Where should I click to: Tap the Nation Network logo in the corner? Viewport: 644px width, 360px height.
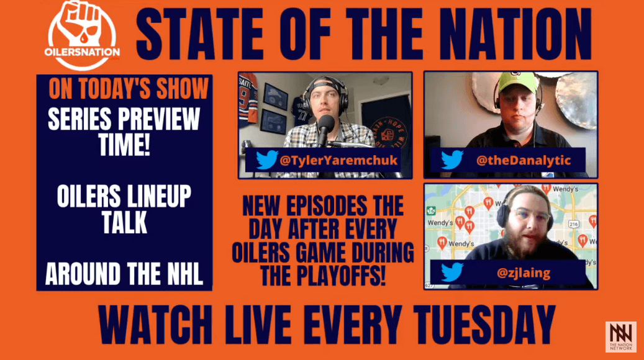coord(620,336)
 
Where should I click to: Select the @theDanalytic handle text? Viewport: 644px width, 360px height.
coord(522,160)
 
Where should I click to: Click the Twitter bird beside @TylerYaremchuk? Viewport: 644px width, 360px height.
coord(265,160)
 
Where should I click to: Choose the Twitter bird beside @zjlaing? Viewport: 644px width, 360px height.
coord(451,271)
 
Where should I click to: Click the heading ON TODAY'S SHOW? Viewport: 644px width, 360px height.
coord(129,89)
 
